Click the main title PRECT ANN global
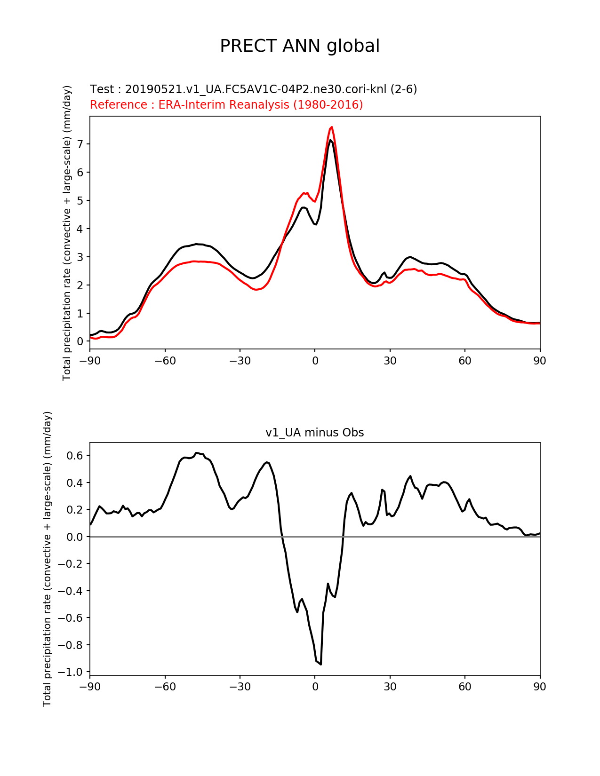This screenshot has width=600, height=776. tap(300, 46)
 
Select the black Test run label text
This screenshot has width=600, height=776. tap(253, 89)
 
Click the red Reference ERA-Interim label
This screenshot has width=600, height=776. tap(226, 105)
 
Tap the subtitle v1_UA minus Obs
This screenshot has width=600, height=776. tap(314, 433)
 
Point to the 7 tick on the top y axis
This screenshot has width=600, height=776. tap(80, 144)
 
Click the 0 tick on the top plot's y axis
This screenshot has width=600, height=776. tap(80, 341)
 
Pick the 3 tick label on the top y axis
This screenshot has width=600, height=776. tap(80, 257)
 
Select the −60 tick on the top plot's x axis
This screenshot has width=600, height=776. tap(165, 361)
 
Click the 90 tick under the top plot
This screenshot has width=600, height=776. tap(540, 361)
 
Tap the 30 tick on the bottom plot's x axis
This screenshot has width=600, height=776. tap(390, 687)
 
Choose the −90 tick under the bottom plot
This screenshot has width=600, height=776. tap(90, 687)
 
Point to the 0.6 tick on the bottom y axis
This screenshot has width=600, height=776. tap(75, 455)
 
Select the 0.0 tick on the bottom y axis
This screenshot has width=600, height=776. tap(75, 537)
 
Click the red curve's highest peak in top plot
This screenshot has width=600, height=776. tap(332, 127)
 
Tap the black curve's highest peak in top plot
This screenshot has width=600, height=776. tap(330, 140)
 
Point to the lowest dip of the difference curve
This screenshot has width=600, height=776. tap(321, 664)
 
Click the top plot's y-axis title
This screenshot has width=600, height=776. tap(67, 233)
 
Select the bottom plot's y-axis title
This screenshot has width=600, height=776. tap(47, 559)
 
